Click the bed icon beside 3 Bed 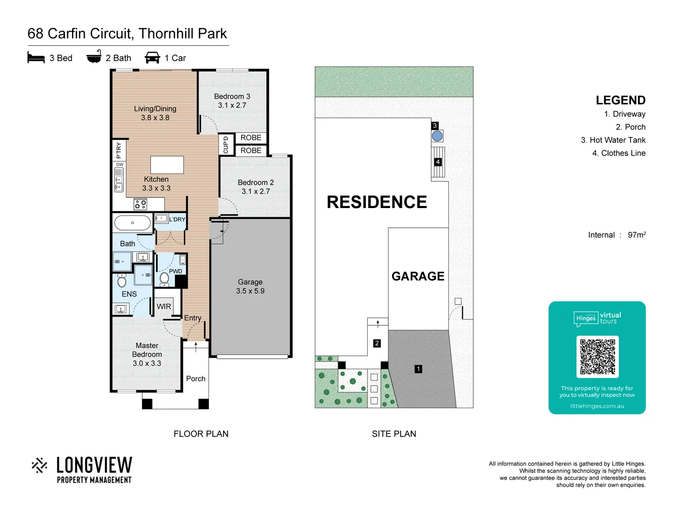pyautogui.click(x=36, y=58)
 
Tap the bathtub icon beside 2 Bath pyautogui.click(x=94, y=57)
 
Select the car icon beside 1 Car pyautogui.click(x=152, y=58)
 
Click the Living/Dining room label pyautogui.click(x=155, y=109)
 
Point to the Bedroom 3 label pyautogui.click(x=232, y=96)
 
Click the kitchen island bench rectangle pyautogui.click(x=167, y=165)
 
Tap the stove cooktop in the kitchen pyautogui.click(x=140, y=204)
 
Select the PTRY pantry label pyautogui.click(x=119, y=150)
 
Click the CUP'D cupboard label pyautogui.click(x=226, y=144)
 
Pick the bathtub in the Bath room pyautogui.click(x=133, y=223)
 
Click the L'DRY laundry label pyautogui.click(x=177, y=219)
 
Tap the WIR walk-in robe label pyautogui.click(x=164, y=307)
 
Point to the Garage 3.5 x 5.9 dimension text pyautogui.click(x=250, y=291)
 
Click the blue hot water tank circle pyautogui.click(x=437, y=136)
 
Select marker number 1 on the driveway pyautogui.click(x=418, y=369)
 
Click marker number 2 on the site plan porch pyautogui.click(x=377, y=343)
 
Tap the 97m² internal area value pyautogui.click(x=637, y=235)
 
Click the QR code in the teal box pyautogui.click(x=597, y=356)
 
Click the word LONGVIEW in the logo pyautogui.click(x=94, y=465)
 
